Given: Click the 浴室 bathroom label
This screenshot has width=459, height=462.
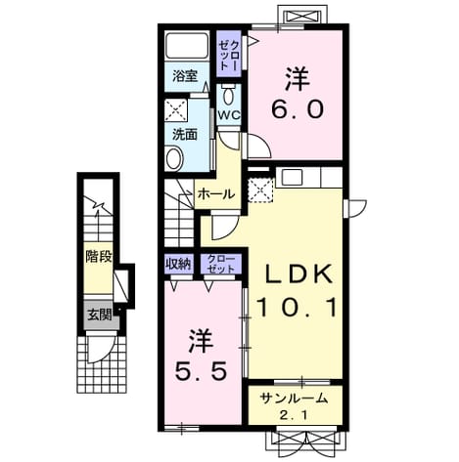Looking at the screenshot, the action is pos(185,76).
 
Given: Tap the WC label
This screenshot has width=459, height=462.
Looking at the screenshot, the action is pos(229,114).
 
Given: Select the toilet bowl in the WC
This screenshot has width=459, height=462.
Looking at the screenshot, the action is pos(229,95).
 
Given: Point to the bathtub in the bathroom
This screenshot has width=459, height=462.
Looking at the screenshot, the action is pos(187,45).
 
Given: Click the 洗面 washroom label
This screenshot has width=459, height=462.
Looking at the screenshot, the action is pos(185,134).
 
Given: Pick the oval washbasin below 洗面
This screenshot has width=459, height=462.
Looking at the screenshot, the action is pos(174,158).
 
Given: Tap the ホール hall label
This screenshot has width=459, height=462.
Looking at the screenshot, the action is pos(216,194).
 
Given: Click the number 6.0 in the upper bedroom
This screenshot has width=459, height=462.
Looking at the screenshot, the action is pos(298,109).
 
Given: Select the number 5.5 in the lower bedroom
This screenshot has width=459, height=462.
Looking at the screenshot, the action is pos(201,371).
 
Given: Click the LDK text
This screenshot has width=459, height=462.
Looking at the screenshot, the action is pos(298,274).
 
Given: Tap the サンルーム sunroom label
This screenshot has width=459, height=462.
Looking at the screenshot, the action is pos(294,399).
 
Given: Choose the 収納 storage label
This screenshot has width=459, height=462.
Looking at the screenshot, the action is pos(178,264).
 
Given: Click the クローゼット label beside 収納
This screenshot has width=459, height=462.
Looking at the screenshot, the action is pos(221,264).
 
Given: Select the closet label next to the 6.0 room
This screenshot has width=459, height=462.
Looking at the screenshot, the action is pos(229,56).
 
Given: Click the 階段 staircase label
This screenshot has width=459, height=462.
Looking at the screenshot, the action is pos(99,257).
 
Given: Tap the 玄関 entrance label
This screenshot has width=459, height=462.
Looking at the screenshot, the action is pos(99,315).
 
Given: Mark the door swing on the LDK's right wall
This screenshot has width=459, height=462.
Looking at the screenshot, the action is pos(355,208).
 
